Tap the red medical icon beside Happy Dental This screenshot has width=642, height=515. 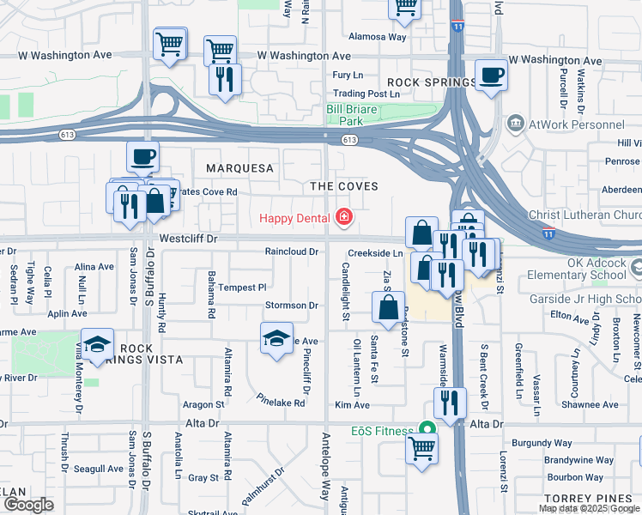pyautogui.click(x=344, y=217)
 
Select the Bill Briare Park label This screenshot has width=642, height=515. pyautogui.click(x=356, y=115)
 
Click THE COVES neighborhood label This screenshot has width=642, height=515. pyautogui.click(x=344, y=186)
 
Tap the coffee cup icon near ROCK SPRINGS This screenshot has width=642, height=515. pyautogui.click(x=491, y=75)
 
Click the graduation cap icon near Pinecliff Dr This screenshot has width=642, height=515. pyautogui.click(x=276, y=337)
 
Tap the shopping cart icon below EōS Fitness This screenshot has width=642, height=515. pyautogui.click(x=421, y=447)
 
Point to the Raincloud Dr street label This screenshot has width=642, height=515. pyautogui.click(x=292, y=252)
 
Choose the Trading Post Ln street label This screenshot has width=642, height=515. pyautogui.click(x=366, y=94)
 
